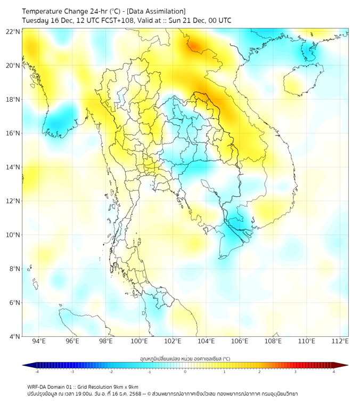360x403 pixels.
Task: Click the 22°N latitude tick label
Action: (13, 31)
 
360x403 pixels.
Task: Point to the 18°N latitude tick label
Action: (13, 100)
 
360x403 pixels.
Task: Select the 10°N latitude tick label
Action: (13, 235)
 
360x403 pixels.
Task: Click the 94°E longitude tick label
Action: (39, 341)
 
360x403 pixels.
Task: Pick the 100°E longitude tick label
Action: (139, 341)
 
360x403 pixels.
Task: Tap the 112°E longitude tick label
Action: (340, 341)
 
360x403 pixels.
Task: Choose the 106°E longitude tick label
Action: (240, 341)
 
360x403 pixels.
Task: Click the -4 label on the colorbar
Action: (36, 372)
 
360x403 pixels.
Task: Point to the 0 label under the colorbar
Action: (185, 372)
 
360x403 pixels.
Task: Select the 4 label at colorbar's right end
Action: (334, 372)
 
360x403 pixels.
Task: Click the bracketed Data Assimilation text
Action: (156, 11)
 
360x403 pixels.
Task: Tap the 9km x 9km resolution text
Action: (123, 386)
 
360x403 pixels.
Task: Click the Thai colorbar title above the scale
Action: (185, 358)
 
